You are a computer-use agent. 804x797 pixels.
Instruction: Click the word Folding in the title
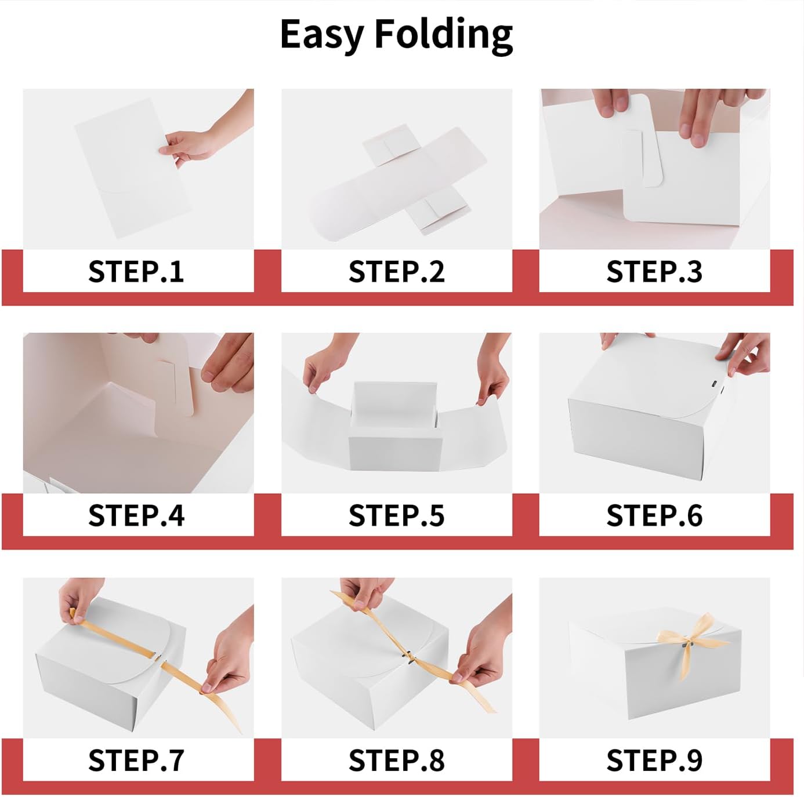[x=443, y=35]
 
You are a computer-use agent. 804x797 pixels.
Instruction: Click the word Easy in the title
[x=321, y=35]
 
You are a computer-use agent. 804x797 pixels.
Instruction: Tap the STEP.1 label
[x=136, y=271]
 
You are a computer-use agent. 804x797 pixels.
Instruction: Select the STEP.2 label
[x=397, y=271]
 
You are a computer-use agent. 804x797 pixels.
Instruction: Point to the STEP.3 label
[x=654, y=271]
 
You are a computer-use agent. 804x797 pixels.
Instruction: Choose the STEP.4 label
[x=136, y=515]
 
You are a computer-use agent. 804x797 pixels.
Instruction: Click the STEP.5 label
[x=397, y=515]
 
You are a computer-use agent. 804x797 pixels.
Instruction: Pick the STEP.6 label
[x=654, y=515]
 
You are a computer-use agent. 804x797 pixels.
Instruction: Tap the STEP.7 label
[x=136, y=760]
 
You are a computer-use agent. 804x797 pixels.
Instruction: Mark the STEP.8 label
[x=397, y=760]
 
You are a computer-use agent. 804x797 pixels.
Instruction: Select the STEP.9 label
[x=654, y=760]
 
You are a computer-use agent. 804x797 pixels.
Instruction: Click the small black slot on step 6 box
[x=714, y=384]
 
